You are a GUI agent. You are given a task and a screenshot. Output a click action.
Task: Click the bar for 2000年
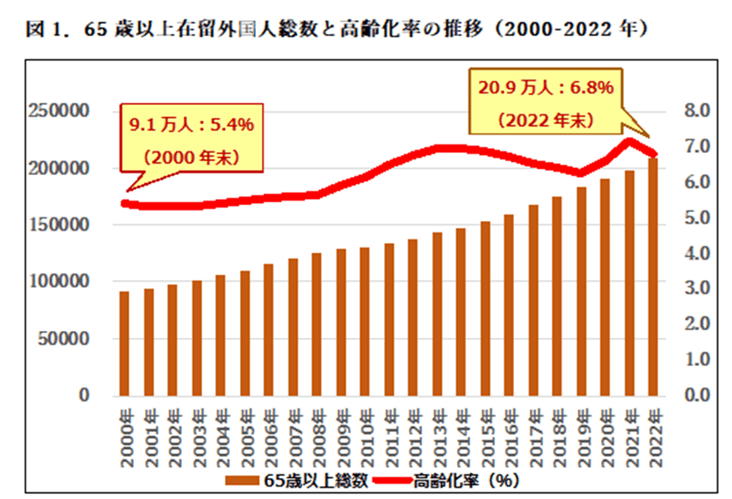(125, 343)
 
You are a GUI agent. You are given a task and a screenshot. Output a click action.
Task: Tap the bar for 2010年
(365, 321)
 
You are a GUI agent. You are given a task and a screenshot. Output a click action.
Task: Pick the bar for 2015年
(484, 308)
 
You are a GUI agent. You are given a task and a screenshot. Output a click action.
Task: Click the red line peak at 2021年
(628, 141)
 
